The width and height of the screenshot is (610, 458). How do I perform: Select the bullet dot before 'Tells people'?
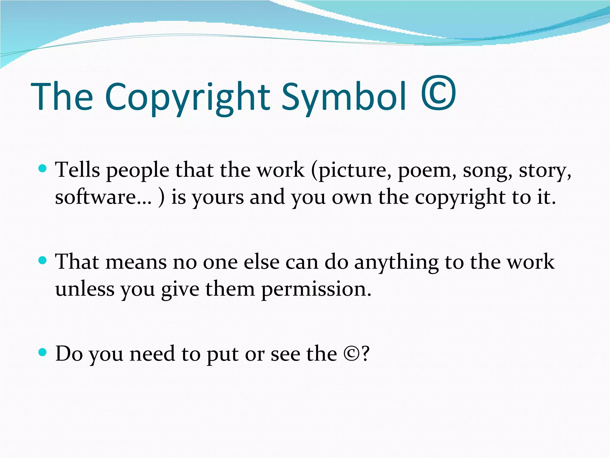point(43,169)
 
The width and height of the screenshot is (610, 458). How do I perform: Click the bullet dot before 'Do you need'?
point(43,353)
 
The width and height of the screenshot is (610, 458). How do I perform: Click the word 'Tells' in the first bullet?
point(78,170)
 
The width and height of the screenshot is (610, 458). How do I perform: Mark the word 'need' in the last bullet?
point(152,354)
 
